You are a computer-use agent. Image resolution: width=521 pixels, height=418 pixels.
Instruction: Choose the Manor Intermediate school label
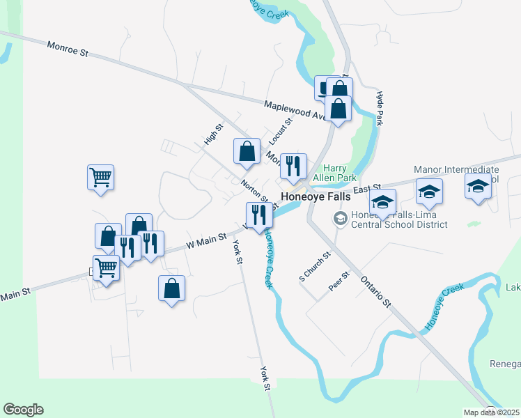tap(456, 170)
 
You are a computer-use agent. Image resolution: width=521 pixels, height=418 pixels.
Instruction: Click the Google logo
tap(23, 410)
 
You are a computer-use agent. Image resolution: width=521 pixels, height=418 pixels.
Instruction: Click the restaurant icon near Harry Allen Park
tap(293, 166)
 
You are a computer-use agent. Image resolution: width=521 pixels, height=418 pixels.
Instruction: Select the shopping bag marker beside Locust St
tap(247, 151)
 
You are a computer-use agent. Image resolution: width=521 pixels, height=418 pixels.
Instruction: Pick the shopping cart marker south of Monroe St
tap(100, 177)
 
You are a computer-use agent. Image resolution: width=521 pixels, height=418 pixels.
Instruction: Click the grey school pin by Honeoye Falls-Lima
tap(341, 219)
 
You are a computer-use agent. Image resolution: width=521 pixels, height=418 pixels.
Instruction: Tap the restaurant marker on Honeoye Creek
tap(258, 215)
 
